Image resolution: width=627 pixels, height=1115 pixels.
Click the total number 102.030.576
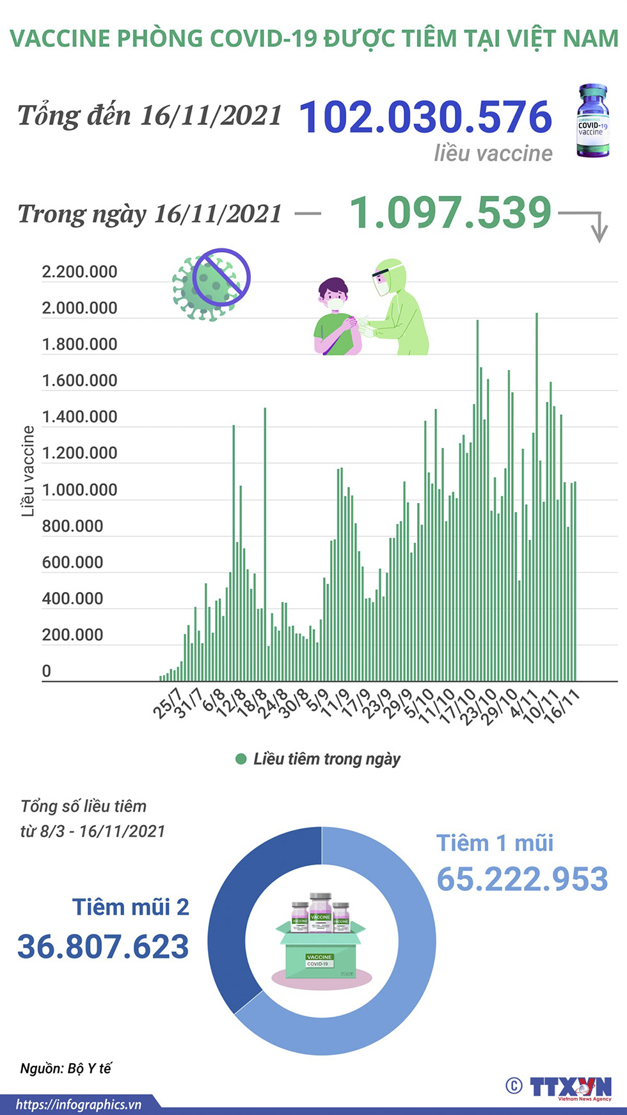point(425,117)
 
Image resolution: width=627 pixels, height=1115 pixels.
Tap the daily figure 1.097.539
point(450,213)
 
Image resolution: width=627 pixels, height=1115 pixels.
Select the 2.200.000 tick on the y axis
point(79,272)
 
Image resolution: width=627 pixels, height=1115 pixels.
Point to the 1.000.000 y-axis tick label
point(79,490)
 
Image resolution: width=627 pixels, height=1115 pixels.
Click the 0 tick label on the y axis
point(46,671)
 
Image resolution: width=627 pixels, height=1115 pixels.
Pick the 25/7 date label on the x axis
point(167,703)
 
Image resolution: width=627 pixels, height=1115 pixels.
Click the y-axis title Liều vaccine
point(28,470)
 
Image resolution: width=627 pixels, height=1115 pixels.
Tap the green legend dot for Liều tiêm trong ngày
point(241,759)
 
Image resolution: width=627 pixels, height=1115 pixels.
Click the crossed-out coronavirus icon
point(210,282)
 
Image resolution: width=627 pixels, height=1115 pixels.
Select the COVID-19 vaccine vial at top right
point(592,121)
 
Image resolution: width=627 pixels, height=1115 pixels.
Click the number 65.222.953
point(522,879)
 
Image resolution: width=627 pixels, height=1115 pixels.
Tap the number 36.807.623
point(103,947)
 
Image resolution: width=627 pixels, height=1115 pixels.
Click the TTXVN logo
point(569,1087)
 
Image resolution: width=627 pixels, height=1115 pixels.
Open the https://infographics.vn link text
point(78,1104)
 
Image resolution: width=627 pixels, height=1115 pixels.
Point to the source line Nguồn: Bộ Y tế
point(66,1068)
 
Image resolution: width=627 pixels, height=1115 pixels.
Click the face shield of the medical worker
point(382,282)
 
